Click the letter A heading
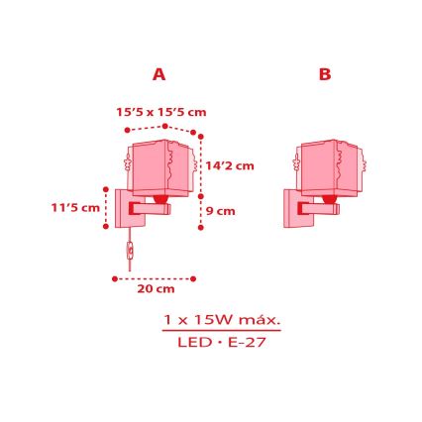(158, 74)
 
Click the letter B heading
(325, 74)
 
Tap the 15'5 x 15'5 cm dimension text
(161, 113)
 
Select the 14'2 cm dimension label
(231, 165)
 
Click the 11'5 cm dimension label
(76, 208)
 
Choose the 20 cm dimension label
(156, 289)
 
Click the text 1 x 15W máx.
(222, 320)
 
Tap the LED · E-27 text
(222, 343)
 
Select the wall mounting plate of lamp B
(293, 208)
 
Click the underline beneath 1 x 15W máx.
(222, 331)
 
